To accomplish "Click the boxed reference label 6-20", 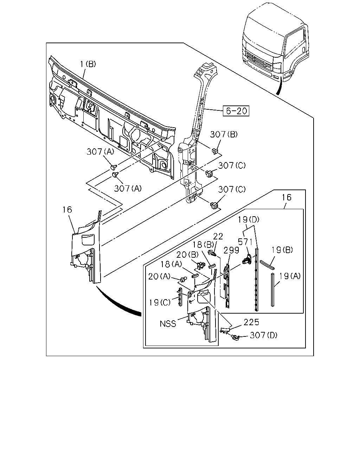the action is coord(236,111).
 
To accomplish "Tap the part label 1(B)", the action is coord(88,64).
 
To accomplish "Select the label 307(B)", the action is coord(224,134).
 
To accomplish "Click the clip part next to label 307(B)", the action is coord(215,150).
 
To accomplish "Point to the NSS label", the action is coord(168,324).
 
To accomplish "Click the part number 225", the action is coord(251,322).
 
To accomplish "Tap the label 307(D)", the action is coord(264,335).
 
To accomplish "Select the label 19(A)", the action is coord(290,276).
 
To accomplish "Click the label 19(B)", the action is coord(282,250).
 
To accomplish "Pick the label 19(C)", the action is coord(160,302).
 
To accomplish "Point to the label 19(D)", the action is coord(249,220).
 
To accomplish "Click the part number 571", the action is coord(245,242).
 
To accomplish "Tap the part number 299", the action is coord(231,250).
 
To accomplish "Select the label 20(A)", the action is coord(159,276).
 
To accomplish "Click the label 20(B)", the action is coord(187,255).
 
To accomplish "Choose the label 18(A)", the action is coord(171,264).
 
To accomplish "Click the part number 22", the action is coord(218,237).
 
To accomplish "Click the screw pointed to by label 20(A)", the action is coord(184,279).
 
